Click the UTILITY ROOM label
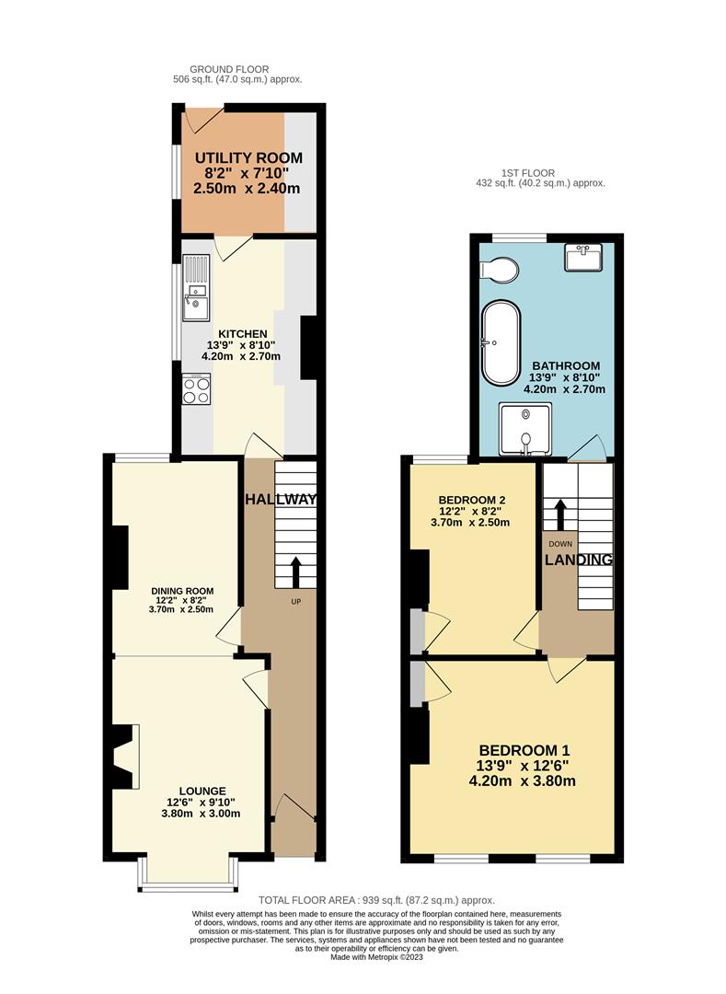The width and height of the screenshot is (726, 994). click(x=248, y=158)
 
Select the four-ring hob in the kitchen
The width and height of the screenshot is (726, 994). click(x=196, y=388)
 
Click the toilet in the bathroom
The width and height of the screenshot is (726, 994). click(x=500, y=270)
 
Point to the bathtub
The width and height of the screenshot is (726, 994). click(x=501, y=343)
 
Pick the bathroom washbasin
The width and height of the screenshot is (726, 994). click(x=583, y=258)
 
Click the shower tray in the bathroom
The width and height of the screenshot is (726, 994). click(x=525, y=429)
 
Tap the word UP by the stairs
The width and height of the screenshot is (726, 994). click(x=296, y=602)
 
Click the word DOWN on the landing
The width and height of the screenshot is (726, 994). click(x=560, y=544)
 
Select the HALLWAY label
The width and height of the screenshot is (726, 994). click(x=281, y=500)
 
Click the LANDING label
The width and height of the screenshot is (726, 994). click(x=579, y=560)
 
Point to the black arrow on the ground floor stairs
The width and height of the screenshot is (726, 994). click(x=295, y=573)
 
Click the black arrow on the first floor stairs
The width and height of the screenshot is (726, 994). click(x=560, y=514)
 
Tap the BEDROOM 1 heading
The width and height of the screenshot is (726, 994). click(x=524, y=751)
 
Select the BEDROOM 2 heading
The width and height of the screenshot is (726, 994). click(x=471, y=500)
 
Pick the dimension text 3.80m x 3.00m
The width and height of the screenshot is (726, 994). click(x=201, y=814)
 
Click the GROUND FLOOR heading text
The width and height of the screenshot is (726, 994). click(x=229, y=69)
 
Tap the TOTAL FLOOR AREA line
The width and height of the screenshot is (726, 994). click(x=376, y=900)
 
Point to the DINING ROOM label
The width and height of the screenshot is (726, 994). click(x=182, y=591)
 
